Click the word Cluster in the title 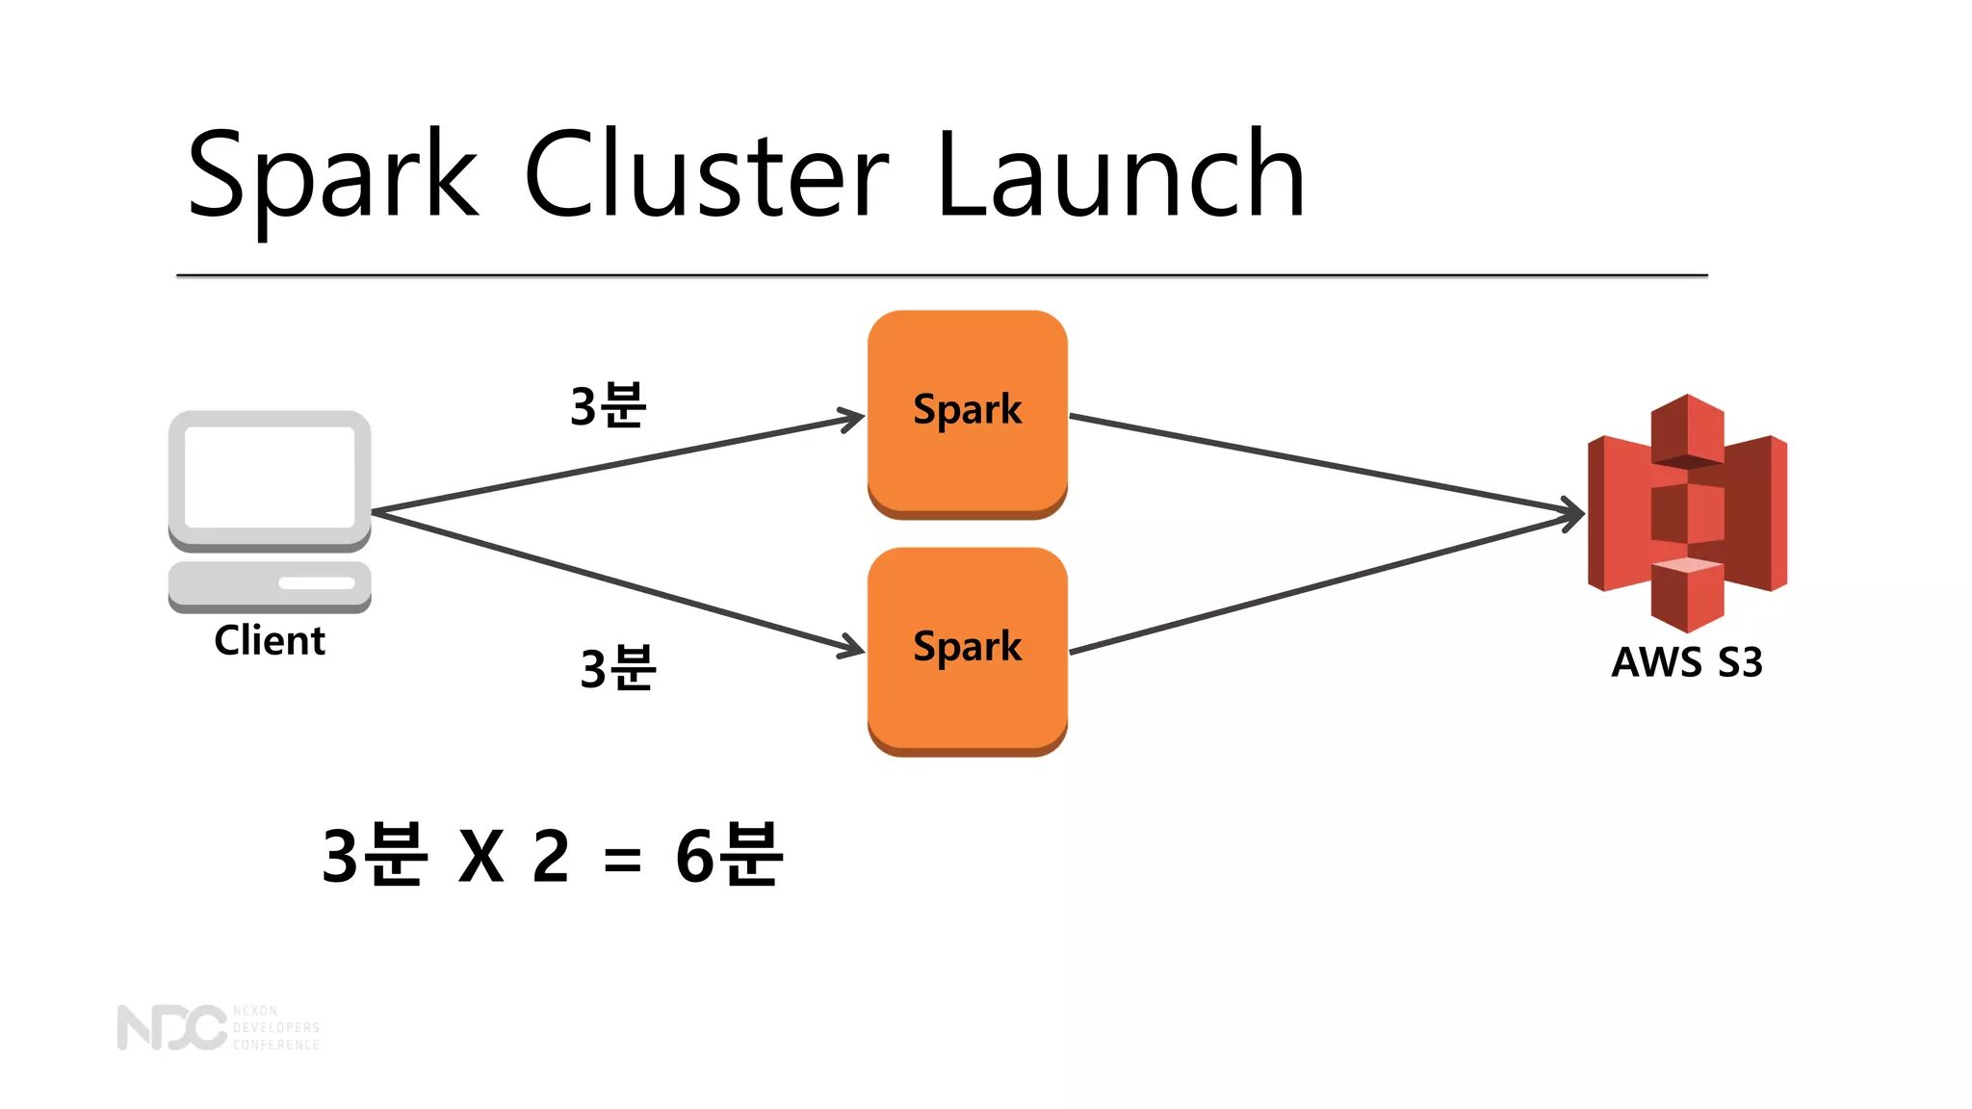[706, 175]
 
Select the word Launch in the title [1120, 175]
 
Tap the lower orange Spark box [967, 650]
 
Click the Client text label [270, 640]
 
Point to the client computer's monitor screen [270, 477]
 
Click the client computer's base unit [270, 585]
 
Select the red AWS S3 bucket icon [1687, 512]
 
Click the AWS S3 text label [1687, 662]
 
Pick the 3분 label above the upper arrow [608, 405]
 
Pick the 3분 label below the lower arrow [617, 667]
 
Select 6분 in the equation [729, 855]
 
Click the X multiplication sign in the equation [480, 856]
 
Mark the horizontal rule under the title [942, 275]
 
